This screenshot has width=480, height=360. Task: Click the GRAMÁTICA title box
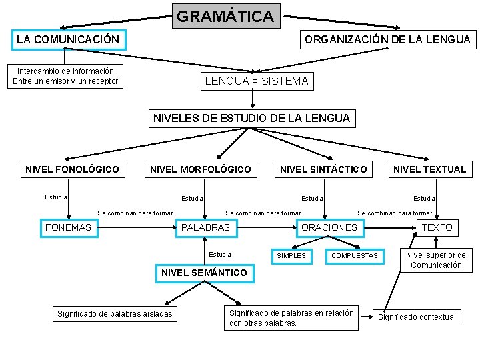pyautogui.click(x=225, y=16)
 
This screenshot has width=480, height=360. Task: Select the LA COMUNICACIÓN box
pyautogui.click(x=68, y=39)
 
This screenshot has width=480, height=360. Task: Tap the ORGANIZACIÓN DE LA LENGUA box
pyautogui.click(x=387, y=39)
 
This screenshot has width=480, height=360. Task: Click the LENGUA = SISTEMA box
pyautogui.click(x=256, y=81)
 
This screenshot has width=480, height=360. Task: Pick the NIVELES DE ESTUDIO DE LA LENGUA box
pyautogui.click(x=251, y=119)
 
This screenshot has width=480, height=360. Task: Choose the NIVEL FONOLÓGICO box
pyautogui.click(x=72, y=169)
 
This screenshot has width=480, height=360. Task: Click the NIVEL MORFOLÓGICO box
pyautogui.click(x=201, y=169)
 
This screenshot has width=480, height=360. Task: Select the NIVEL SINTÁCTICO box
pyautogui.click(x=323, y=169)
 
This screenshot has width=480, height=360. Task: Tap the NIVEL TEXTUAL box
pyautogui.click(x=429, y=169)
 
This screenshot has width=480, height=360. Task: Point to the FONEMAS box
pyautogui.click(x=68, y=227)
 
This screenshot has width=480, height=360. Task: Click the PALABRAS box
pyautogui.click(x=205, y=227)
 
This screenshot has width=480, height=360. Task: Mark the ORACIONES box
pyautogui.click(x=329, y=227)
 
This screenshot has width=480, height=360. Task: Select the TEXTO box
pyautogui.click(x=437, y=227)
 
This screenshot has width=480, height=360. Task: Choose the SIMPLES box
pyautogui.click(x=291, y=256)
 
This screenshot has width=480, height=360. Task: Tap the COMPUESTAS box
pyautogui.click(x=354, y=256)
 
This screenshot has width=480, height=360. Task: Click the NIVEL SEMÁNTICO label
pyautogui.click(x=204, y=273)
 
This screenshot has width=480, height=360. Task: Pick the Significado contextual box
pyautogui.click(x=417, y=317)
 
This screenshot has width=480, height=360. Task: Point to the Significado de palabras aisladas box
pyautogui.click(x=115, y=313)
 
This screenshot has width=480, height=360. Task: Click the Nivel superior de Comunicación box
pyautogui.click(x=436, y=260)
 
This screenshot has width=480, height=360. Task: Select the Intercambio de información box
pyautogui.click(x=65, y=76)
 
